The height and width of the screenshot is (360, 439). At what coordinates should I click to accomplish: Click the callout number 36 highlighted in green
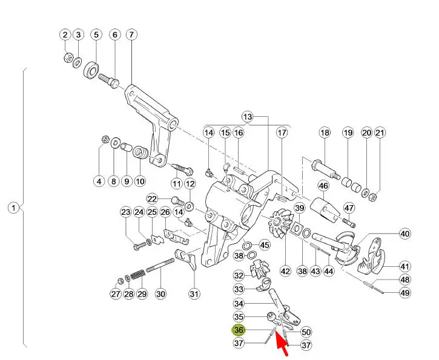tap(239, 330)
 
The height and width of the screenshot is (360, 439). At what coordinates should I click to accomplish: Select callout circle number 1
tap(13, 208)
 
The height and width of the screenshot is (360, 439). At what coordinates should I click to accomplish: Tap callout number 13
tap(247, 116)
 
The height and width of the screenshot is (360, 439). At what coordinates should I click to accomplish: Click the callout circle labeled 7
tap(131, 34)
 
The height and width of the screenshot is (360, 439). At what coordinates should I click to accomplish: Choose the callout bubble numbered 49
tap(404, 293)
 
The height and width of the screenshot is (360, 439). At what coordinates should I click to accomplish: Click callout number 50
tap(306, 332)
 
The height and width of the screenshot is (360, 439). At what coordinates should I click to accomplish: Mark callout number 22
tap(153, 198)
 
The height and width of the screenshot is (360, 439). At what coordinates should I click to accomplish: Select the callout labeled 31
tap(194, 294)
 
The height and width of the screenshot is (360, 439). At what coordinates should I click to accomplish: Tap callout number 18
tap(325, 133)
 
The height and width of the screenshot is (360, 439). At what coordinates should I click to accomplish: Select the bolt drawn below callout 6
tap(108, 79)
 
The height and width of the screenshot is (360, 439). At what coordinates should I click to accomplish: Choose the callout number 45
tap(265, 245)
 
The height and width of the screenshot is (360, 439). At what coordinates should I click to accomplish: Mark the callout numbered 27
tap(116, 294)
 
